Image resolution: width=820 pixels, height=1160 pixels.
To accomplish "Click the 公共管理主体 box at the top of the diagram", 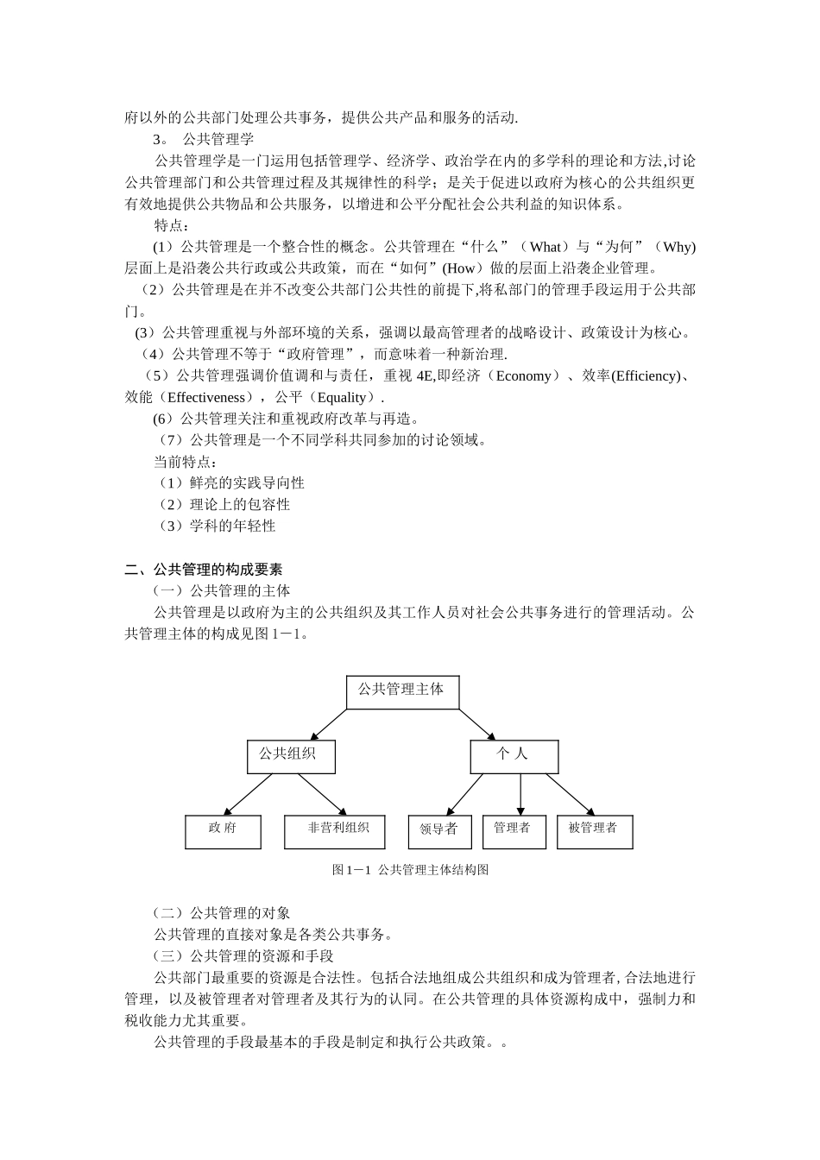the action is [x=402, y=691].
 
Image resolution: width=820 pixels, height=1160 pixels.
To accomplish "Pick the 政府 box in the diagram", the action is [x=223, y=830].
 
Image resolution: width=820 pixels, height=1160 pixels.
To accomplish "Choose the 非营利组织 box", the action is [x=339, y=830].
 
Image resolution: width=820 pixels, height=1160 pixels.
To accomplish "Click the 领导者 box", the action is [x=438, y=831].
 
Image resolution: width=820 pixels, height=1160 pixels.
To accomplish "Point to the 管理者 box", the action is [x=513, y=830].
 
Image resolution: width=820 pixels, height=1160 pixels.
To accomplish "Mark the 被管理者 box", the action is [x=595, y=830].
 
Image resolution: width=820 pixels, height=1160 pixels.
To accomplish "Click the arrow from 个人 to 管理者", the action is [x=520, y=794].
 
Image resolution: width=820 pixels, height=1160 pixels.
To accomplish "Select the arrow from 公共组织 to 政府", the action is [x=249, y=794].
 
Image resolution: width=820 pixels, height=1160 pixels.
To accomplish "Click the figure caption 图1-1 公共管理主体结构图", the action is [x=410, y=870].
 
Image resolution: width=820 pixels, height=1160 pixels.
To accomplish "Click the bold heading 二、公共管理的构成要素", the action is [x=204, y=570].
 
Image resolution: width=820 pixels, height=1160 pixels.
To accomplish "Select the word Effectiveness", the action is [x=206, y=397].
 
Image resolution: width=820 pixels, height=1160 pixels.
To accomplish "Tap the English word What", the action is [x=546, y=247].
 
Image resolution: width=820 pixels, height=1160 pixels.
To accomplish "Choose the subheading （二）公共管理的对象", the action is [x=221, y=913].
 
